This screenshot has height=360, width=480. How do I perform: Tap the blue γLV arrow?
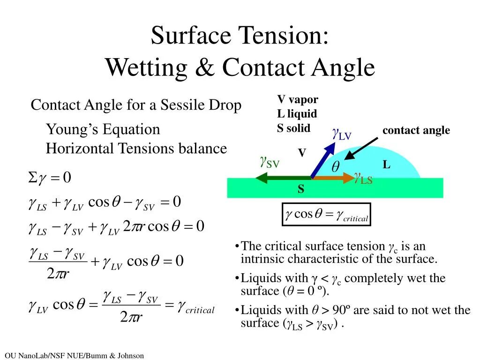click(323, 160)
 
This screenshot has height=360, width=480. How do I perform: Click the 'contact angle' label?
click(416, 130)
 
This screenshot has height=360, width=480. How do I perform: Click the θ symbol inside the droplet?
click(336, 167)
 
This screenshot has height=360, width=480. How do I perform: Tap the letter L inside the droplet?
click(386, 165)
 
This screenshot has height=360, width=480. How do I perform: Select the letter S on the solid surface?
click(300, 189)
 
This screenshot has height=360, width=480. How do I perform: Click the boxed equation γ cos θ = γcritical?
click(326, 215)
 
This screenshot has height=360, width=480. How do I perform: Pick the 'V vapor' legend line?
click(297, 99)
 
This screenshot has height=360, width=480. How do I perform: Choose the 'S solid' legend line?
click(293, 128)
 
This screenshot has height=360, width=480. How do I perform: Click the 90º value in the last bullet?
click(347, 310)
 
